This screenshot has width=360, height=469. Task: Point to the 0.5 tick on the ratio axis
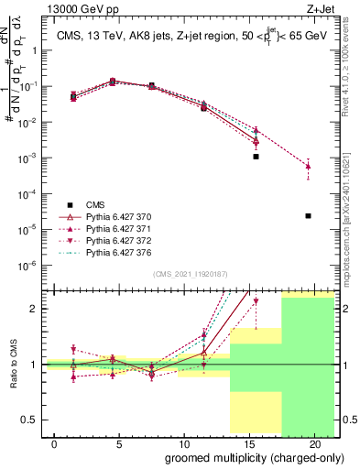[x=30, y=420]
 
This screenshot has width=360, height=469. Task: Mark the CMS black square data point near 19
[x=309, y=215]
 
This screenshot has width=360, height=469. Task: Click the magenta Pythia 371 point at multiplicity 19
[x=309, y=166]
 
